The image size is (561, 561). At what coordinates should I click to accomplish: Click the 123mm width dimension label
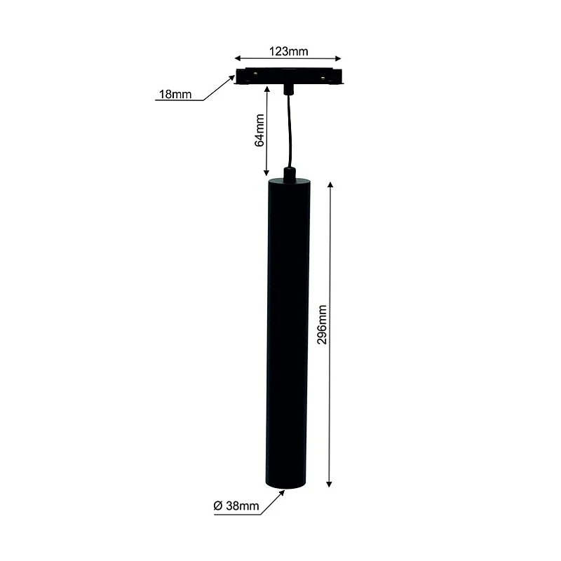[289, 51]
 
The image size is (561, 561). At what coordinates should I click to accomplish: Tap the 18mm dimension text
[175, 95]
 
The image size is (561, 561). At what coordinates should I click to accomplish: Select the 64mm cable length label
[259, 130]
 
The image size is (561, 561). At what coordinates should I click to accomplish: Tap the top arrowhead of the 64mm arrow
[267, 88]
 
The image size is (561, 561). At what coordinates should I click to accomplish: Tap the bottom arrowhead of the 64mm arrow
[267, 173]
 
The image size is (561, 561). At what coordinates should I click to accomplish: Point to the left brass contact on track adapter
[255, 74]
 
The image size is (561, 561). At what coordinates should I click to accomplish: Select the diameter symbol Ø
[218, 506]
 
